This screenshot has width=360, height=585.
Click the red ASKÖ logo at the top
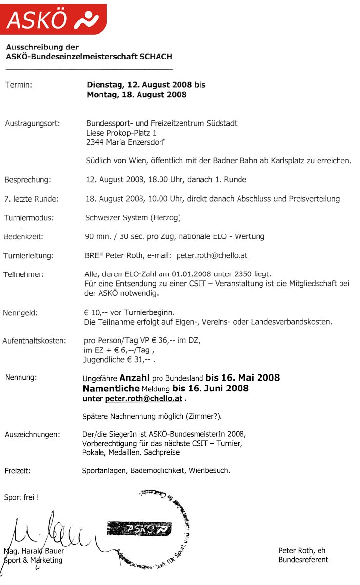(53, 19)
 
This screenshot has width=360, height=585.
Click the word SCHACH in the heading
(156, 57)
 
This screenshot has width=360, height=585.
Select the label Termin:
(19, 85)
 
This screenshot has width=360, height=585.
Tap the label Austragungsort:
(32, 123)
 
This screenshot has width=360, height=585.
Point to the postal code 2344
(95, 142)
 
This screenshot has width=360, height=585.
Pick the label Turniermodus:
(29, 218)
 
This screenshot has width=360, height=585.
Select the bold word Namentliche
(112, 389)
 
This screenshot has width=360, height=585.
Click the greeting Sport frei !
(21, 498)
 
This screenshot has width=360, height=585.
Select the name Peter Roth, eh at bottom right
(301, 550)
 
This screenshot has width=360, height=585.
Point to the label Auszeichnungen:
(32, 434)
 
